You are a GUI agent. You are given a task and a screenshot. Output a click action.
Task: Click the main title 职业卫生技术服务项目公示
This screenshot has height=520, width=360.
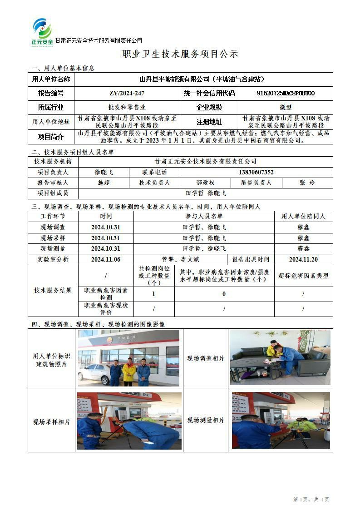[x=180, y=54]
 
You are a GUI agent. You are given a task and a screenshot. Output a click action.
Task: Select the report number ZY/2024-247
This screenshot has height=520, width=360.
[x=127, y=94]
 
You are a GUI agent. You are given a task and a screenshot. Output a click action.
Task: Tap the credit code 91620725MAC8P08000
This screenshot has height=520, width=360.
[x=286, y=94]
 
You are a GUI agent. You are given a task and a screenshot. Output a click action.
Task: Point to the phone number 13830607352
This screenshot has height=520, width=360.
[x=256, y=173]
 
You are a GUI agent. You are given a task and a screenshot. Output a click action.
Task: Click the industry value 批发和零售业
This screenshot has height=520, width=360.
[x=127, y=108]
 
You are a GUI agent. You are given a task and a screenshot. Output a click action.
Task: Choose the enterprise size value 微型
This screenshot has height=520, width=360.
[x=286, y=108]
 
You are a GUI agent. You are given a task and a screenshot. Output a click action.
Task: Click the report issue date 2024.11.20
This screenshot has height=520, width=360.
[x=303, y=260]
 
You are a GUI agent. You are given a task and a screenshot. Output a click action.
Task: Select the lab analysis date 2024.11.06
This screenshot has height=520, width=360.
[x=105, y=260]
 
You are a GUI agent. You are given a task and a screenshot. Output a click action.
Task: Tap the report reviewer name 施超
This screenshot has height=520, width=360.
[x=104, y=183]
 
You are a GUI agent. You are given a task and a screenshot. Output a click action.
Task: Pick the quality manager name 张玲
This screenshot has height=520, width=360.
[x=307, y=183]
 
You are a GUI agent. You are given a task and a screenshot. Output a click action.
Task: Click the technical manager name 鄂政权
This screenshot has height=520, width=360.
[x=205, y=183]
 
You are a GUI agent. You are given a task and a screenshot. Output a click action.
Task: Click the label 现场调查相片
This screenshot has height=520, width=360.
[x=206, y=359]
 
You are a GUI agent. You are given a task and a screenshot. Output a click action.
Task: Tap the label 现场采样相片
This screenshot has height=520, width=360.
[x=51, y=422]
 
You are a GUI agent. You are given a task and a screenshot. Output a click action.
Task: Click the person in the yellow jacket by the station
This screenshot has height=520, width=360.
[x=129, y=371]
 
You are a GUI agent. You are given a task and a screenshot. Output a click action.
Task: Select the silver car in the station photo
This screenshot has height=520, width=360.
[x=94, y=373]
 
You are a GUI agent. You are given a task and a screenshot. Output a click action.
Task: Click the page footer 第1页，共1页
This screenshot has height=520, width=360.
[x=311, y=500]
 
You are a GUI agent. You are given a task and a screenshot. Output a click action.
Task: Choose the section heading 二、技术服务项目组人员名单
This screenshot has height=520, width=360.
[x=73, y=152]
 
